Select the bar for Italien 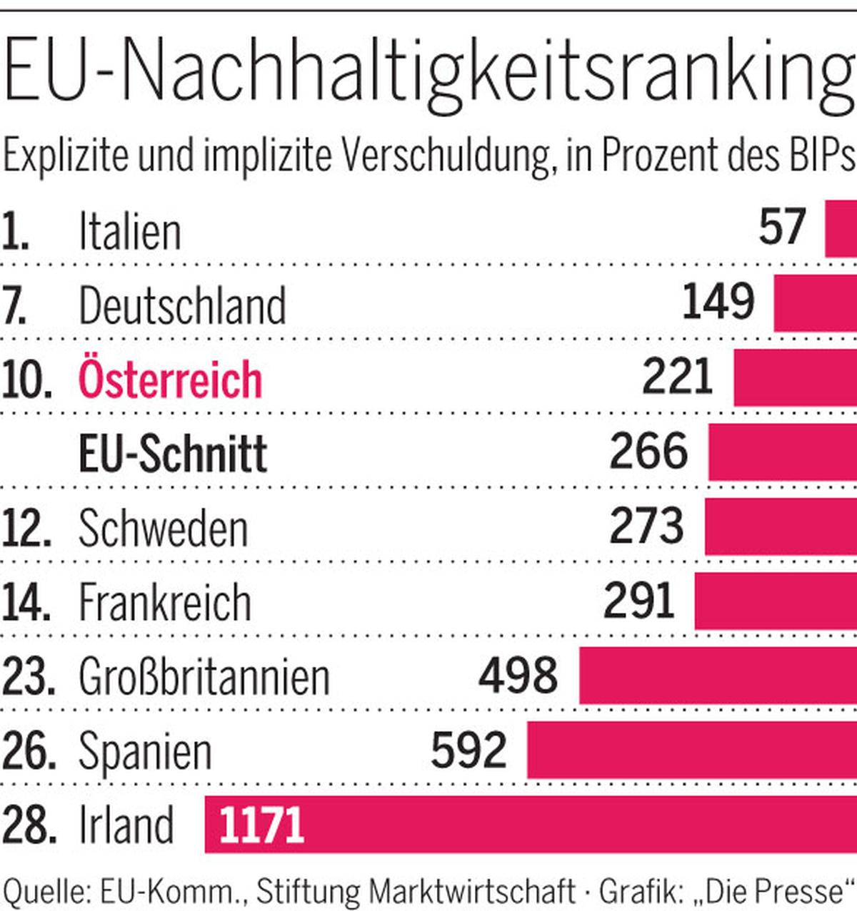tap(841, 228)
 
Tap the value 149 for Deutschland tap(718, 302)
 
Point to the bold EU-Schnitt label tap(173, 454)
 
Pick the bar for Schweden tap(781, 526)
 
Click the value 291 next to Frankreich tap(639, 601)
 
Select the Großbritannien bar tap(718, 675)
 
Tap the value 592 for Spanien tap(469, 750)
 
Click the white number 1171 tap(262, 825)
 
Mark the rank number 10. tap(27, 379)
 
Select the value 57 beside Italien tap(783, 228)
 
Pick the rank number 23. tap(29, 676)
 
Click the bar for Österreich tap(795, 377)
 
